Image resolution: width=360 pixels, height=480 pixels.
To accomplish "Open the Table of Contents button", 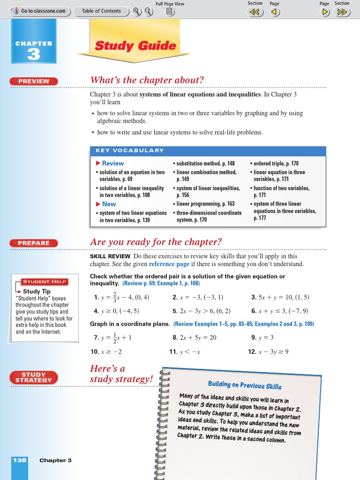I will pos(101,11).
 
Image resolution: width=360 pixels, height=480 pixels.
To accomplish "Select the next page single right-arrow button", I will pos(324,12).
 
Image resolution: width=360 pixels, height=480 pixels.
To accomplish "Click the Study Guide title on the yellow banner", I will pos(135,46).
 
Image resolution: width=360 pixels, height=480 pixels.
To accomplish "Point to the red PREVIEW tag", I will pos(34,81).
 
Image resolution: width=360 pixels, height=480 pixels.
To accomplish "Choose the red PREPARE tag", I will pos(34,243).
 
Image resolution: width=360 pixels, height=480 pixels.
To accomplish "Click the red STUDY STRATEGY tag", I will pos(34,377).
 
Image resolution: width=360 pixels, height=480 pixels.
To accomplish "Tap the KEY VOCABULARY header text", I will pos(130,150).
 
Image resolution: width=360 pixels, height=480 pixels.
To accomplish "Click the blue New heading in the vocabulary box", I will pos(108,204).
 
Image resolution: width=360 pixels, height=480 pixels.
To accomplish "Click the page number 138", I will pos(20,460).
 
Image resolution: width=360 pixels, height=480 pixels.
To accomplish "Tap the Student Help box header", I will pos(45,282).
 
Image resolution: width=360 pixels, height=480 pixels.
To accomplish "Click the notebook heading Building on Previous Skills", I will pos(245,385).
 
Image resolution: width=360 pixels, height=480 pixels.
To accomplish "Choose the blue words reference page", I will pos(169,264).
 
